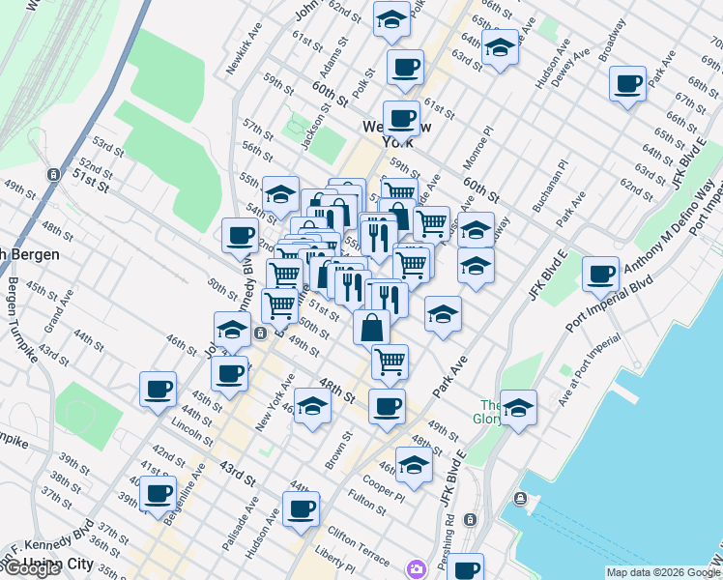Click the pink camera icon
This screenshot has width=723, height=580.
[417, 567]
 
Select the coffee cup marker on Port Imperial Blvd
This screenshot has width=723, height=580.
[601, 273]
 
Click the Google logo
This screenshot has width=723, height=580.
[31, 568]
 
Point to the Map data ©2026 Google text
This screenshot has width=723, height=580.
[662, 572]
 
